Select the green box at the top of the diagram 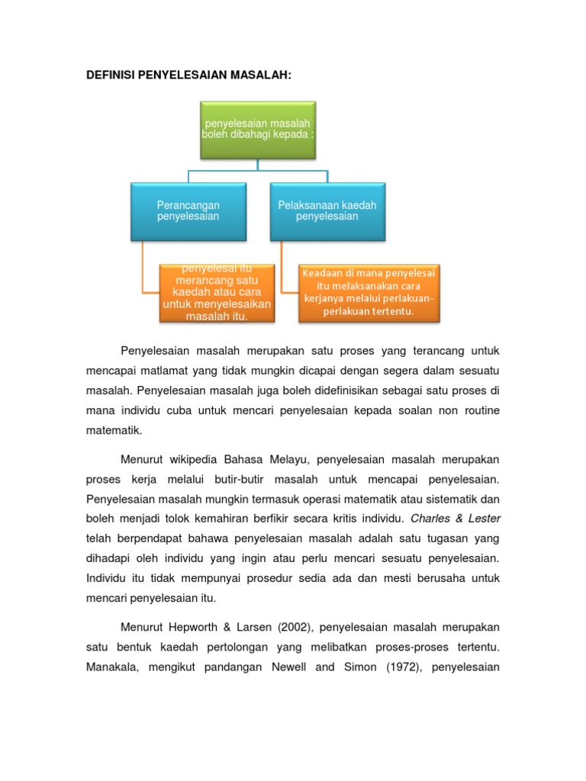click(x=258, y=130)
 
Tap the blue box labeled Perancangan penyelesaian click(x=188, y=211)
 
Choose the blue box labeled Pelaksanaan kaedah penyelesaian click(x=327, y=211)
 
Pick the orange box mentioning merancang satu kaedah click(x=216, y=293)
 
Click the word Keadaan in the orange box click(x=320, y=273)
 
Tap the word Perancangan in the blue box click(x=188, y=206)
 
